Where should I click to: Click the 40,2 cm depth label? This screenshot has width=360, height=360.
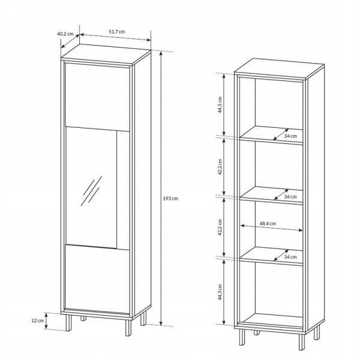pyautogui.click(x=65, y=34)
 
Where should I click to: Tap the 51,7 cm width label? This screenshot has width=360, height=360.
pyautogui.click(x=117, y=32)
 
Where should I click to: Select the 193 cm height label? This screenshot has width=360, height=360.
pyautogui.click(x=170, y=199)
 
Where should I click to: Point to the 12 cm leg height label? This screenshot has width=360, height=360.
pyautogui.click(x=37, y=320)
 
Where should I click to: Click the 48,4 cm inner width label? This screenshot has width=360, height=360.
pyautogui.click(x=268, y=223)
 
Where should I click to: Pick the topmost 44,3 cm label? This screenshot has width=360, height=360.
pyautogui.click(x=220, y=104)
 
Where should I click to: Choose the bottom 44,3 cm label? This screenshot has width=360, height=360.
pyautogui.click(x=220, y=292)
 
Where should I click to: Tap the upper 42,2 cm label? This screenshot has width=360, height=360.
pyautogui.click(x=220, y=167)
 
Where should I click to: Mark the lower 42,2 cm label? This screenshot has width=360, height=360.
pyautogui.click(x=220, y=227)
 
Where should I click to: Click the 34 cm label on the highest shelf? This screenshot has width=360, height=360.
pyautogui.click(x=290, y=136)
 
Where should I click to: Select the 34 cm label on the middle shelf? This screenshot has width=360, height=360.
pyautogui.click(x=290, y=197)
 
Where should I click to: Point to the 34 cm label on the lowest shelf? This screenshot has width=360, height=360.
pyautogui.click(x=290, y=257)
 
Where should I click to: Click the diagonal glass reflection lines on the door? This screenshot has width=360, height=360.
pyautogui.click(x=91, y=191)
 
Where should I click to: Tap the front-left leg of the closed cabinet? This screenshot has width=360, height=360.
pyautogui.click(x=68, y=323)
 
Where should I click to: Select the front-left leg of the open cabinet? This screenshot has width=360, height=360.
pyautogui.click(x=242, y=337)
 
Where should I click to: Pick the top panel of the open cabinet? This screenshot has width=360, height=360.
pyautogui.click(x=280, y=68)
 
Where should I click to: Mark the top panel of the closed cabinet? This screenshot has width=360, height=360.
pyautogui.click(x=106, y=55)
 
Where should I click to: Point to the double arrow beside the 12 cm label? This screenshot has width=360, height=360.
pyautogui.click(x=46, y=321)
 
